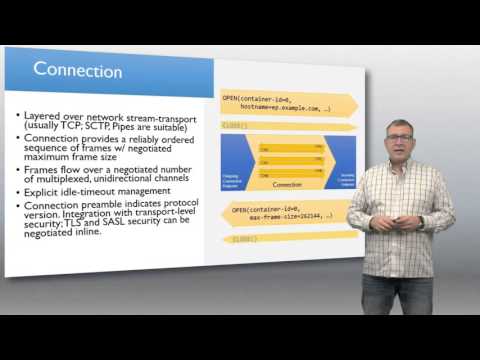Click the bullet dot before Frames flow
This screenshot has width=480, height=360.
19,171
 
